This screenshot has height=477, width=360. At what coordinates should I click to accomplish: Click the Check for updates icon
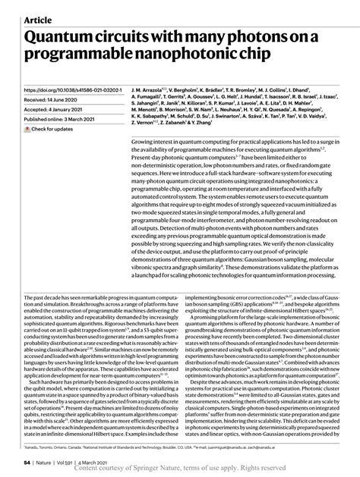(x=28, y=129)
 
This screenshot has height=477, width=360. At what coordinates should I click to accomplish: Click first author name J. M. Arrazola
(x=150, y=89)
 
